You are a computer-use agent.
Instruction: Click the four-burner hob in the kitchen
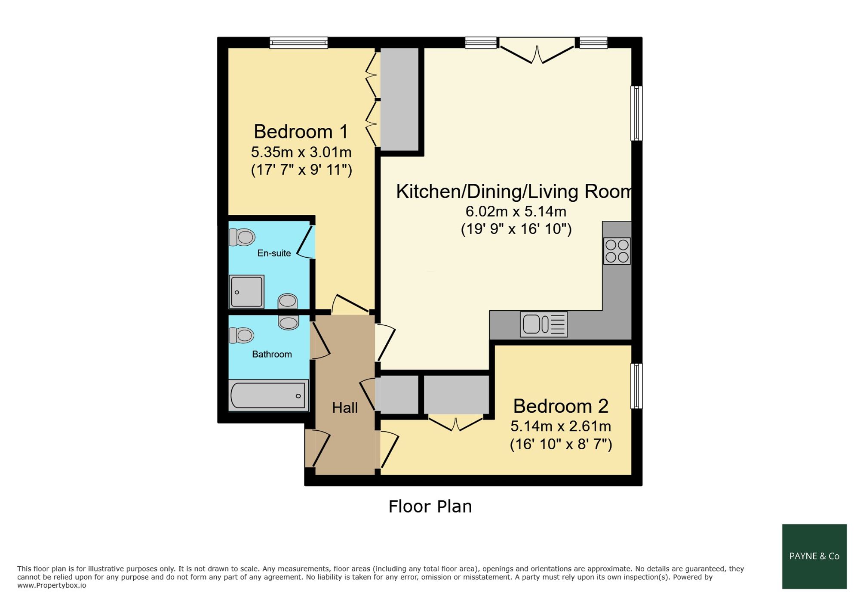coord(617,251)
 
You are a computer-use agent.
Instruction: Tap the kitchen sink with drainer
coord(544,324)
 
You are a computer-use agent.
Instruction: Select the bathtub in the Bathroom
coord(268,395)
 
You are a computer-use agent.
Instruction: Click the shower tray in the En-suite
coord(247,292)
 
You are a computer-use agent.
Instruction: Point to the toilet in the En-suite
coord(242,237)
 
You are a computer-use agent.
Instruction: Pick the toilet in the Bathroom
coord(241,335)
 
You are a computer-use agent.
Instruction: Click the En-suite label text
coord(274,253)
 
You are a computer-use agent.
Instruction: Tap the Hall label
coord(345,408)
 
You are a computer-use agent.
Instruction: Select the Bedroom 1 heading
coord(301,131)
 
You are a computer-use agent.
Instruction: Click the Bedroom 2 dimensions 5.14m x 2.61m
coord(561,426)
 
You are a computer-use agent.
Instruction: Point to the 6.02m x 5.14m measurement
coord(516,211)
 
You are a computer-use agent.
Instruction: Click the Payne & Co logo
coord(814,556)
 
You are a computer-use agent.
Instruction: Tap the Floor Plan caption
coord(430,506)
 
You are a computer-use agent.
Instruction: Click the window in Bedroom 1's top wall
coord(299,43)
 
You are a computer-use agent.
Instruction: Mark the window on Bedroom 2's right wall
coord(637,386)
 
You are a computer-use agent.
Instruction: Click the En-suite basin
coord(287,301)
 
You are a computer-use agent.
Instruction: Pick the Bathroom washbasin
coord(288,322)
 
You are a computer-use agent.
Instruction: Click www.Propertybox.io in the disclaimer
coord(52,585)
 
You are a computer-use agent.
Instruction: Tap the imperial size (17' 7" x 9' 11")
coord(301,170)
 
